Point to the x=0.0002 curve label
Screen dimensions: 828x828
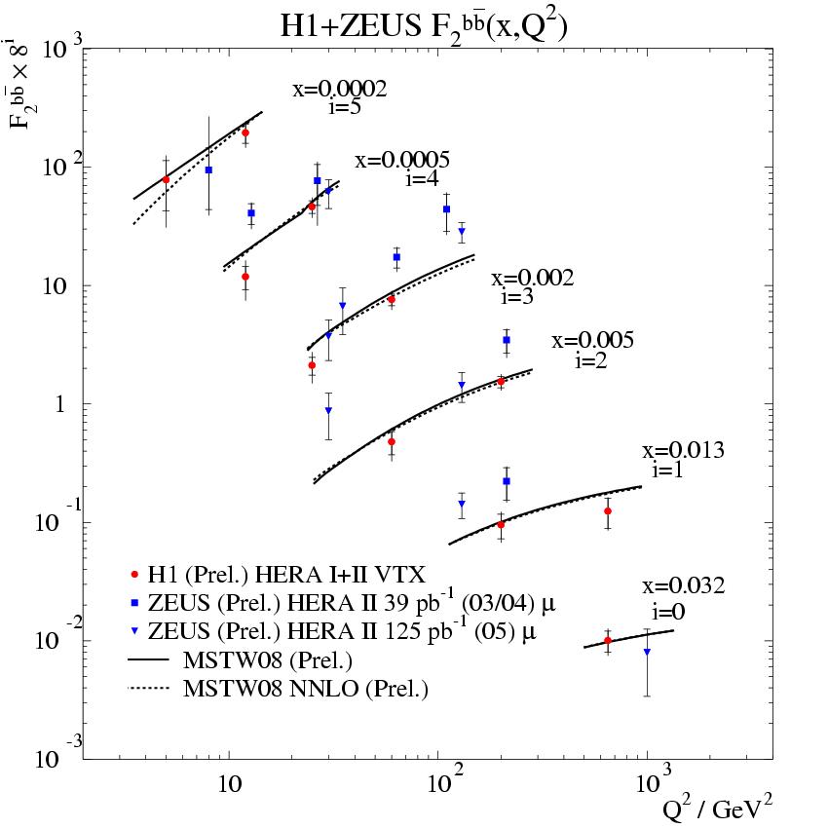pyautogui.click(x=340, y=91)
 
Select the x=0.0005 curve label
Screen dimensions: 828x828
pyautogui.click(x=402, y=161)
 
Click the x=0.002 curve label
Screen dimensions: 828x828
pyautogui.click(x=532, y=279)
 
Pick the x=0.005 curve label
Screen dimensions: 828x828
pyautogui.click(x=592, y=341)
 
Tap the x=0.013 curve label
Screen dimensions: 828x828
pyautogui.click(x=683, y=451)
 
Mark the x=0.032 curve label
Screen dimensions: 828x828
pyautogui.click(x=683, y=586)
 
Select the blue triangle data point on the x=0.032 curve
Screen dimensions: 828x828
pyautogui.click(x=647, y=652)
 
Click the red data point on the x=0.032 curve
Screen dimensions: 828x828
pyautogui.click(x=608, y=640)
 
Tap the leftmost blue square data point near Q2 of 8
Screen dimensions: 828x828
pyautogui.click(x=208, y=169)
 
